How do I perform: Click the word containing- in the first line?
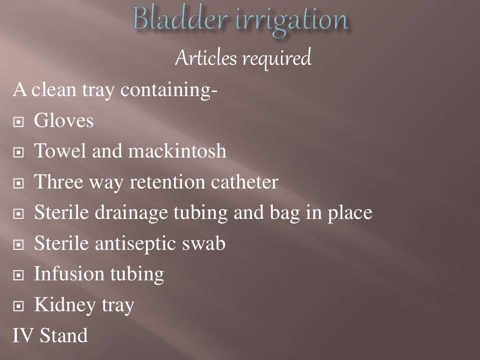[x=169, y=89]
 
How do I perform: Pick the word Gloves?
[x=64, y=121]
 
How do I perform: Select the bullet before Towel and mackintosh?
[x=19, y=153]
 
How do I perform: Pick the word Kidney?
[x=65, y=306]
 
